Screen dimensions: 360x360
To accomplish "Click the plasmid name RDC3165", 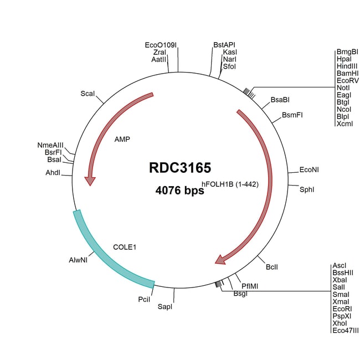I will click(179, 168).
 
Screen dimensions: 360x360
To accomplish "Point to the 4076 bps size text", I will click(179, 191).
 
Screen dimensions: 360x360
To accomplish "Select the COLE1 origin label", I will click(125, 246).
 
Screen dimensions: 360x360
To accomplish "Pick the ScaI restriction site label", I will click(88, 94).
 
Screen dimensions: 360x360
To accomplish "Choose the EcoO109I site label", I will click(161, 45).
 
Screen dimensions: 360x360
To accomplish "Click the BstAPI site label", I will click(224, 45).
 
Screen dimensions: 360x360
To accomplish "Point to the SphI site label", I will click(307, 189).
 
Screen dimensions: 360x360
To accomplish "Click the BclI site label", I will click(272, 268).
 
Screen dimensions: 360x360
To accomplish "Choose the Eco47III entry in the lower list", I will click(346, 330).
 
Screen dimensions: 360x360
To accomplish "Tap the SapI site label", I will click(165, 306).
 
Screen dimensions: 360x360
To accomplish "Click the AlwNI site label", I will click(78, 259).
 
